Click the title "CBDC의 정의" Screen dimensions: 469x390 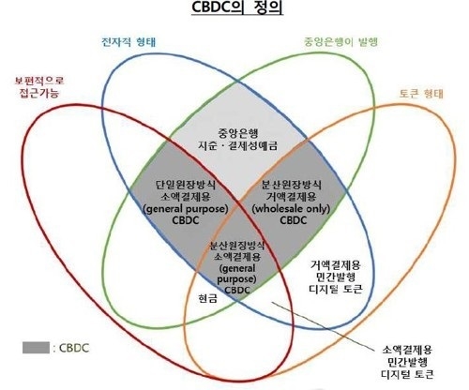tap(237, 8)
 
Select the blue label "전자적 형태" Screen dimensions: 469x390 tap(129, 42)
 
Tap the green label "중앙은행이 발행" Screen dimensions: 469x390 tap(340, 42)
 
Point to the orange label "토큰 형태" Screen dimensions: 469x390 tap(421, 94)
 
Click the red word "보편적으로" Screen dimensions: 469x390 tap(39, 81)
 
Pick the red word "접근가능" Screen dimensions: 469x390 tap(39, 93)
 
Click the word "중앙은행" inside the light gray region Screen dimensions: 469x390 tap(238, 133)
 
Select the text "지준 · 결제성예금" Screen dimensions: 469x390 tap(238, 146)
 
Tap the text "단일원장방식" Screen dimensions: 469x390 tap(186, 185)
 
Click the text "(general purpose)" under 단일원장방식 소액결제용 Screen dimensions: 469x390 tap(186, 208)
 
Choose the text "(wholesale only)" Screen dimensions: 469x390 tap(291, 208)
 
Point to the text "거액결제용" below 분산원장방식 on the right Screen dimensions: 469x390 tap(291, 197)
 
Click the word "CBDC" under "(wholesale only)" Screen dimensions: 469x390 tap(293, 220)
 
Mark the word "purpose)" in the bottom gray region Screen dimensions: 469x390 tap(236, 279)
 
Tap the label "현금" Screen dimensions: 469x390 tap(207, 298)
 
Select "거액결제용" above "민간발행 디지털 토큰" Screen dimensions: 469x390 tap(336, 265)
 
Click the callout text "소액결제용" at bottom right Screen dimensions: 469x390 tap(407, 350)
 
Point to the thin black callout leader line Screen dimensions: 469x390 tap(323, 326)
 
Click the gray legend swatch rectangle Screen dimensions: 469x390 tap(36, 348)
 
